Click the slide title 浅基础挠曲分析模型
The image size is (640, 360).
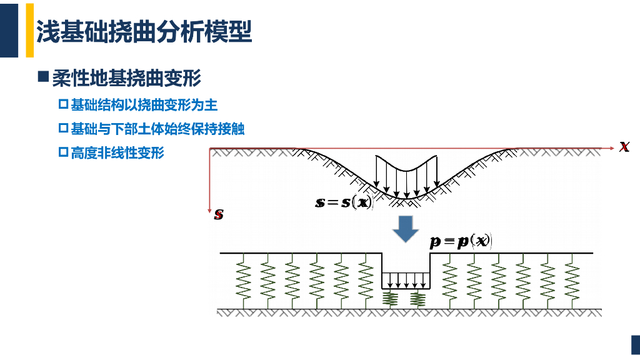tap(144, 32)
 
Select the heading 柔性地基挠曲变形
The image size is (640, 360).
tap(126, 78)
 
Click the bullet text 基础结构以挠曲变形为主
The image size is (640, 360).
tap(144, 104)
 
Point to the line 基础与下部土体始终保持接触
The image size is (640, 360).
tap(157, 129)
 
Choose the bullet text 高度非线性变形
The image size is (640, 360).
tap(117, 152)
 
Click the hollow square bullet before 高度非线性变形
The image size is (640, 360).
tap(62, 152)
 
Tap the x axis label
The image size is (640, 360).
tap(624, 147)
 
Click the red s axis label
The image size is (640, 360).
tap(219, 215)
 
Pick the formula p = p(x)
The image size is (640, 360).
tap(461, 242)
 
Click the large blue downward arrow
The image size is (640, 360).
tap(405, 229)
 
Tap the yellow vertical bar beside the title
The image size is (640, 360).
tap(29, 29)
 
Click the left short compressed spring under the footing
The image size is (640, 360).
tap(391, 299)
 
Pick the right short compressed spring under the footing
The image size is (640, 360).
tap(417, 299)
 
